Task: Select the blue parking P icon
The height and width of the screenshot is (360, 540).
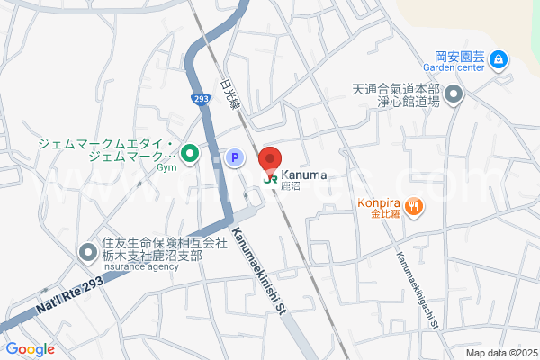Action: (x=233, y=157)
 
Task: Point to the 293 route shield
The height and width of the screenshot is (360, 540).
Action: (x=201, y=98)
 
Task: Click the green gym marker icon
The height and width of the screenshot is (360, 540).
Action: (x=191, y=155)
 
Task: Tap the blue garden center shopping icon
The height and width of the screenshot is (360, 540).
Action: (x=499, y=60)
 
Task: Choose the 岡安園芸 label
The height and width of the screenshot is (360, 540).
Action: (x=460, y=54)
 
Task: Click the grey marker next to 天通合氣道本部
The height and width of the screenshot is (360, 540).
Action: (x=453, y=94)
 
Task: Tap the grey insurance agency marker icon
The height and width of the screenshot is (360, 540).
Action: (x=88, y=253)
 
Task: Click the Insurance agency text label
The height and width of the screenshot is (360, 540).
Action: (x=139, y=266)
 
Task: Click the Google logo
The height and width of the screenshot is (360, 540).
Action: (x=29, y=349)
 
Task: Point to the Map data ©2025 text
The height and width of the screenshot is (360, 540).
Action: (x=499, y=353)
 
